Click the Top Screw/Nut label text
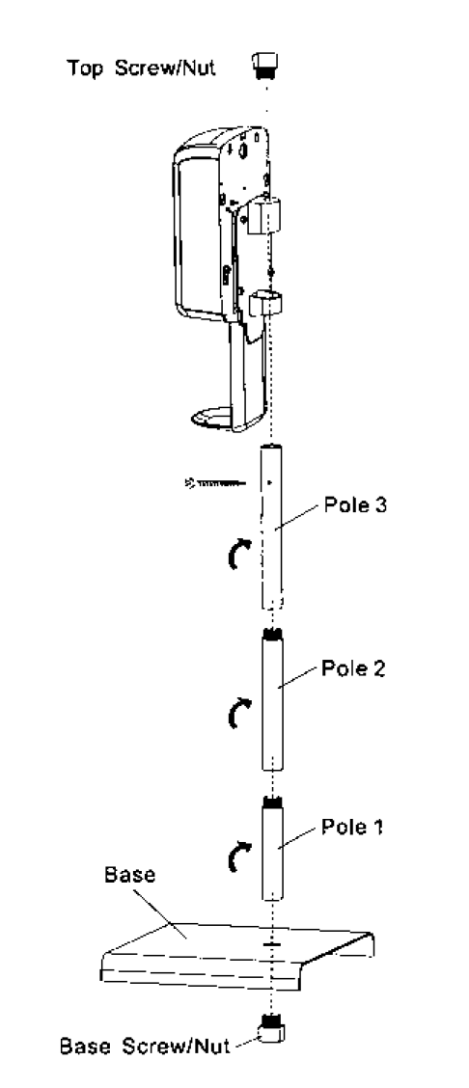tap(141, 68)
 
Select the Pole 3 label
tap(354, 505)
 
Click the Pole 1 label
tap(351, 828)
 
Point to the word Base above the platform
tap(129, 875)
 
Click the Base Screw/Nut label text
tap(145, 1046)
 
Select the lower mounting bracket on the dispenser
tap(265, 303)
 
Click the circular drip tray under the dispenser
tap(215, 417)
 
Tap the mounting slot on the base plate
tap(272, 945)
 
